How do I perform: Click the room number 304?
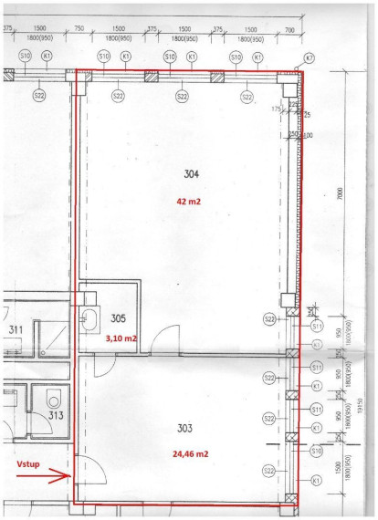(x=191, y=173)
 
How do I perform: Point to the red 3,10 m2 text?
(x=121, y=338)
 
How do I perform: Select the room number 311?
(x=16, y=329)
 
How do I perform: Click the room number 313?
(x=56, y=416)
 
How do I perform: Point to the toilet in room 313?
(x=54, y=398)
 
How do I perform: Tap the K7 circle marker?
(x=309, y=58)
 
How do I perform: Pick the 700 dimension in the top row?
(x=289, y=30)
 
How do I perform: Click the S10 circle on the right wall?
(x=317, y=451)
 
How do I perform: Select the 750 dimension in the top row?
(x=79, y=30)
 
